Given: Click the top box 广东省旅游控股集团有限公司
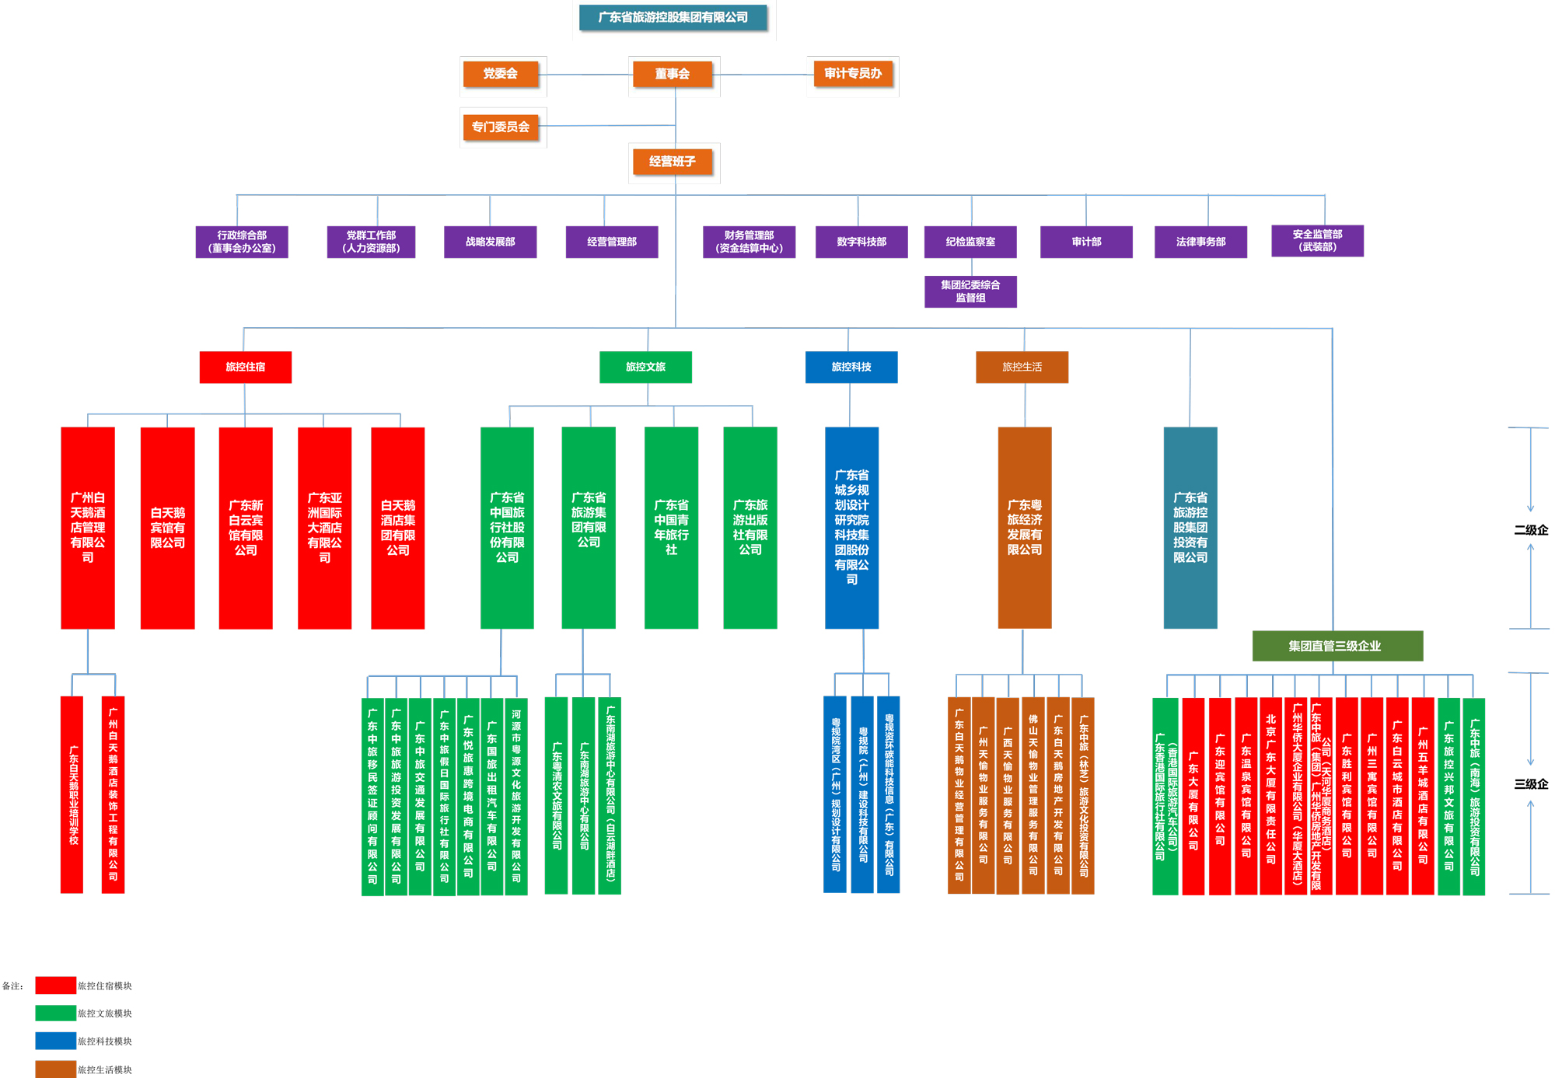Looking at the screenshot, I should (673, 17).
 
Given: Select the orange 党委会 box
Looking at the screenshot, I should (500, 74).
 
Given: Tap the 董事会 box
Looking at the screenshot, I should (673, 74).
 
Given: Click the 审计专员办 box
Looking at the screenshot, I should (853, 74).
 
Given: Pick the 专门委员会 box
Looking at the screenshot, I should (500, 127).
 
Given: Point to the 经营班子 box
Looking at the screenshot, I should (673, 162).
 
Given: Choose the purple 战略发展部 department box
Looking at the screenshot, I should (490, 242).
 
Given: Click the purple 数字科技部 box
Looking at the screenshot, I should (861, 242).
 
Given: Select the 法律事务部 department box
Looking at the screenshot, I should (1200, 242).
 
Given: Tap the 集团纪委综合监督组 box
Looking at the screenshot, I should (970, 291).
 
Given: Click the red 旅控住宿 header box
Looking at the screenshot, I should (246, 367).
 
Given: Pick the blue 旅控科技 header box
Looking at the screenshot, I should (851, 367).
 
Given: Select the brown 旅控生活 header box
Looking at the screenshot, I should (1022, 367).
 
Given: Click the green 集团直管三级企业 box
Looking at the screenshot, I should (1337, 646).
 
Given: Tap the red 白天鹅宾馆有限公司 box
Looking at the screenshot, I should (167, 528).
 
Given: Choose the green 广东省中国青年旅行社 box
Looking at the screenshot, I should (671, 528).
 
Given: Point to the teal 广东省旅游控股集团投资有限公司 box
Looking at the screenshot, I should (1190, 528).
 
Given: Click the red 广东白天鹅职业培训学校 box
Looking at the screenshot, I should (72, 794).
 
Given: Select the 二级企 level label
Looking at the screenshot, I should (1531, 530).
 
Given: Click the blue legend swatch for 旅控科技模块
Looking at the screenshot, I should (55, 1041).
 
